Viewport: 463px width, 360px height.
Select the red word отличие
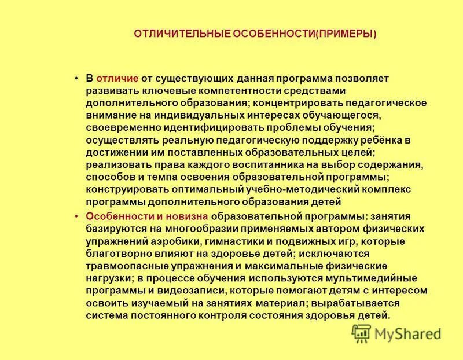(117, 78)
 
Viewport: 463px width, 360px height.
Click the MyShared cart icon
(362, 332)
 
